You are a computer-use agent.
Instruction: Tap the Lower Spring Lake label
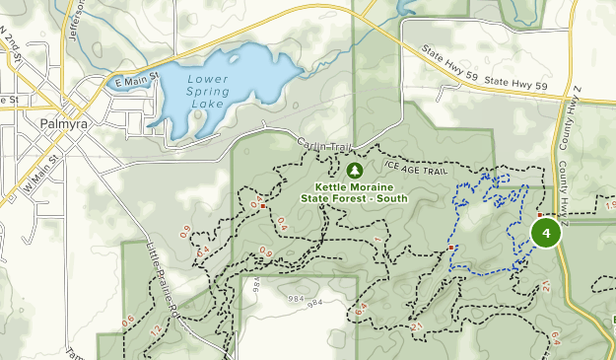point(208,91)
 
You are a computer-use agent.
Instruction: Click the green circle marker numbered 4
point(546,233)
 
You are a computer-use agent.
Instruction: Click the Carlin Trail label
point(324,146)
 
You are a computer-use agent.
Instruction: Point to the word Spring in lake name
point(208,91)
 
